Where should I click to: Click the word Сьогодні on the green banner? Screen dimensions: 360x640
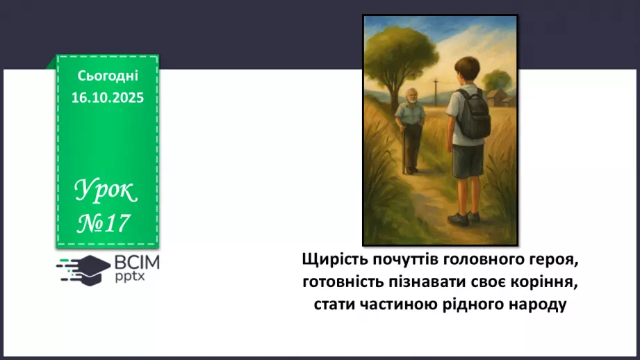click(108, 76)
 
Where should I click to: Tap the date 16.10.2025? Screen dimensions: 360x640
click(108, 98)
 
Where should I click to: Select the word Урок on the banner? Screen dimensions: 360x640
click(106, 189)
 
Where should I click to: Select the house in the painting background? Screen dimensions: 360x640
click(498, 98)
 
